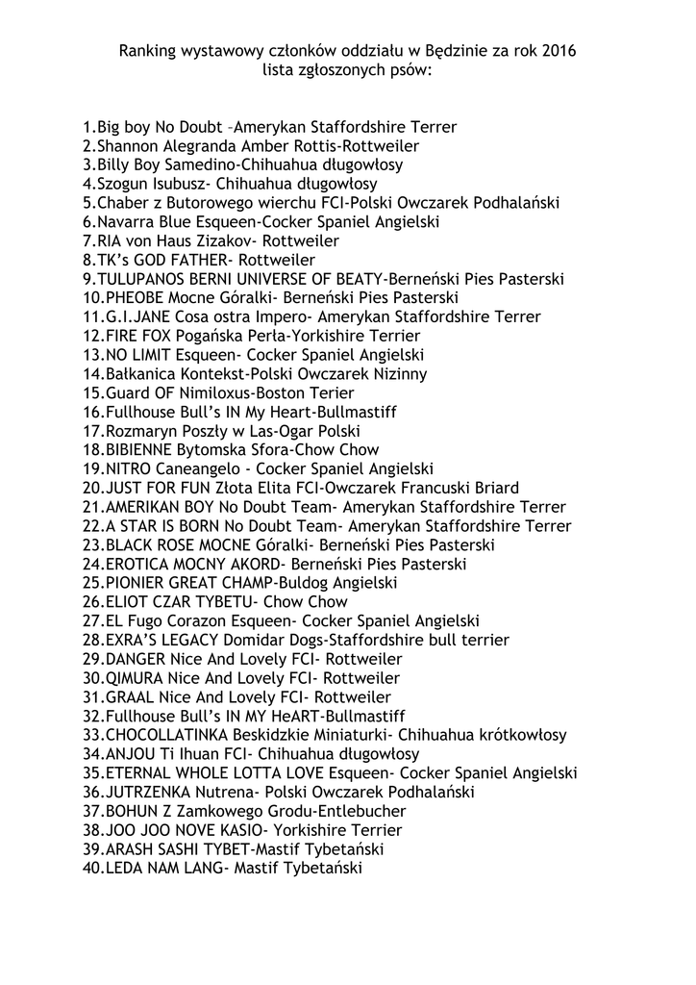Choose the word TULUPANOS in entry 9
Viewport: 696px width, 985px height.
[145, 279]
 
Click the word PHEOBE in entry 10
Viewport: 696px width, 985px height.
[136, 298]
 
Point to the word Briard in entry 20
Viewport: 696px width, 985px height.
[494, 488]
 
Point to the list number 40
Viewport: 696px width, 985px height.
[92, 869]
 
